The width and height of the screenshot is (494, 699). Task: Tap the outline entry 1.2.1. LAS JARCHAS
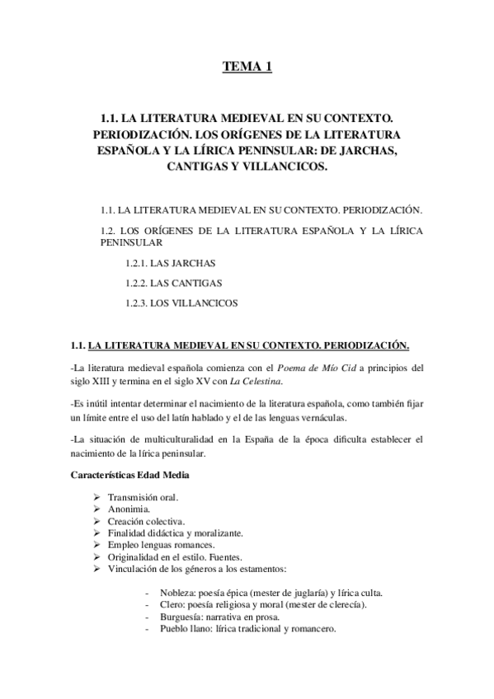(x=159, y=263)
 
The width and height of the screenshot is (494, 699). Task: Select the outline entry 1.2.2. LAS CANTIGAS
(x=162, y=283)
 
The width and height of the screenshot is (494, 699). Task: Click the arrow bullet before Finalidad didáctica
(x=97, y=534)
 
